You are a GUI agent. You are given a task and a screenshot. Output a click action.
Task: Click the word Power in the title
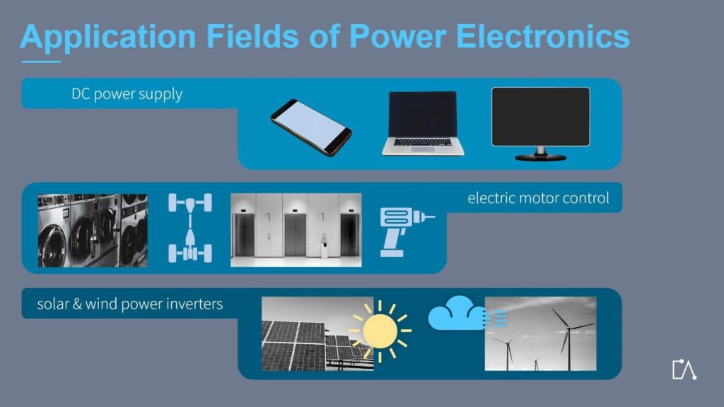click(397, 36)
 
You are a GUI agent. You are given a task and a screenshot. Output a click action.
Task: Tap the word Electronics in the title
click(542, 36)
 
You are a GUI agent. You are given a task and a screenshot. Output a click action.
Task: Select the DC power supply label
click(127, 94)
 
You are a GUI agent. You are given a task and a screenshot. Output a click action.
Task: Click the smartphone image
click(311, 127)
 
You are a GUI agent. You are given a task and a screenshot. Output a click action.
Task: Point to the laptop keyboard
click(423, 142)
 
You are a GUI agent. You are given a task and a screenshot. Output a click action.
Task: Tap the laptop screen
click(423, 114)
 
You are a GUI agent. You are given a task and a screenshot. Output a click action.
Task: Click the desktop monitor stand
click(541, 154)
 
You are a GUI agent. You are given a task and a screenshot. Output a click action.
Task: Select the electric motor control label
click(538, 198)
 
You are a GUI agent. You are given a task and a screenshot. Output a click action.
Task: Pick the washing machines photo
click(93, 230)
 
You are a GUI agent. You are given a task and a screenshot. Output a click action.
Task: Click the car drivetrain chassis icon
click(190, 228)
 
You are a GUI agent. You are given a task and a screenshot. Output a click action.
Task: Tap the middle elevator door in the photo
click(296, 234)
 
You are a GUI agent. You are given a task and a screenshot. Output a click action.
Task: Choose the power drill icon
click(405, 232)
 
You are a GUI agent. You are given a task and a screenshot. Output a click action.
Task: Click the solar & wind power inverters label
click(130, 304)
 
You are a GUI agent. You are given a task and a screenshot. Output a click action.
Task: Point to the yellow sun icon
click(380, 331)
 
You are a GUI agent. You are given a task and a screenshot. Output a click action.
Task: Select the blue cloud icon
click(457, 314)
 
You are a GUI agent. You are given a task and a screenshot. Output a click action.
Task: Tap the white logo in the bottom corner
click(684, 369)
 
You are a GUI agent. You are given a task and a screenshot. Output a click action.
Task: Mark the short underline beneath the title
click(40, 62)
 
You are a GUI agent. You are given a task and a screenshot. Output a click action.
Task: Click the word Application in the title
click(108, 37)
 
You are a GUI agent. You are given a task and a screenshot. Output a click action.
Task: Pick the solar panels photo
click(317, 333)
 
